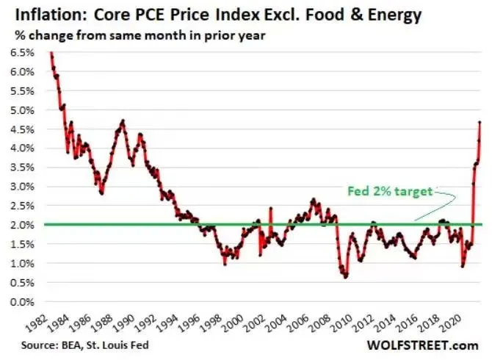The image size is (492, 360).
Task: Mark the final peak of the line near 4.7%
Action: point(480,122)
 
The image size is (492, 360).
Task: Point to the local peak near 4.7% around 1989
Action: point(122,120)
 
